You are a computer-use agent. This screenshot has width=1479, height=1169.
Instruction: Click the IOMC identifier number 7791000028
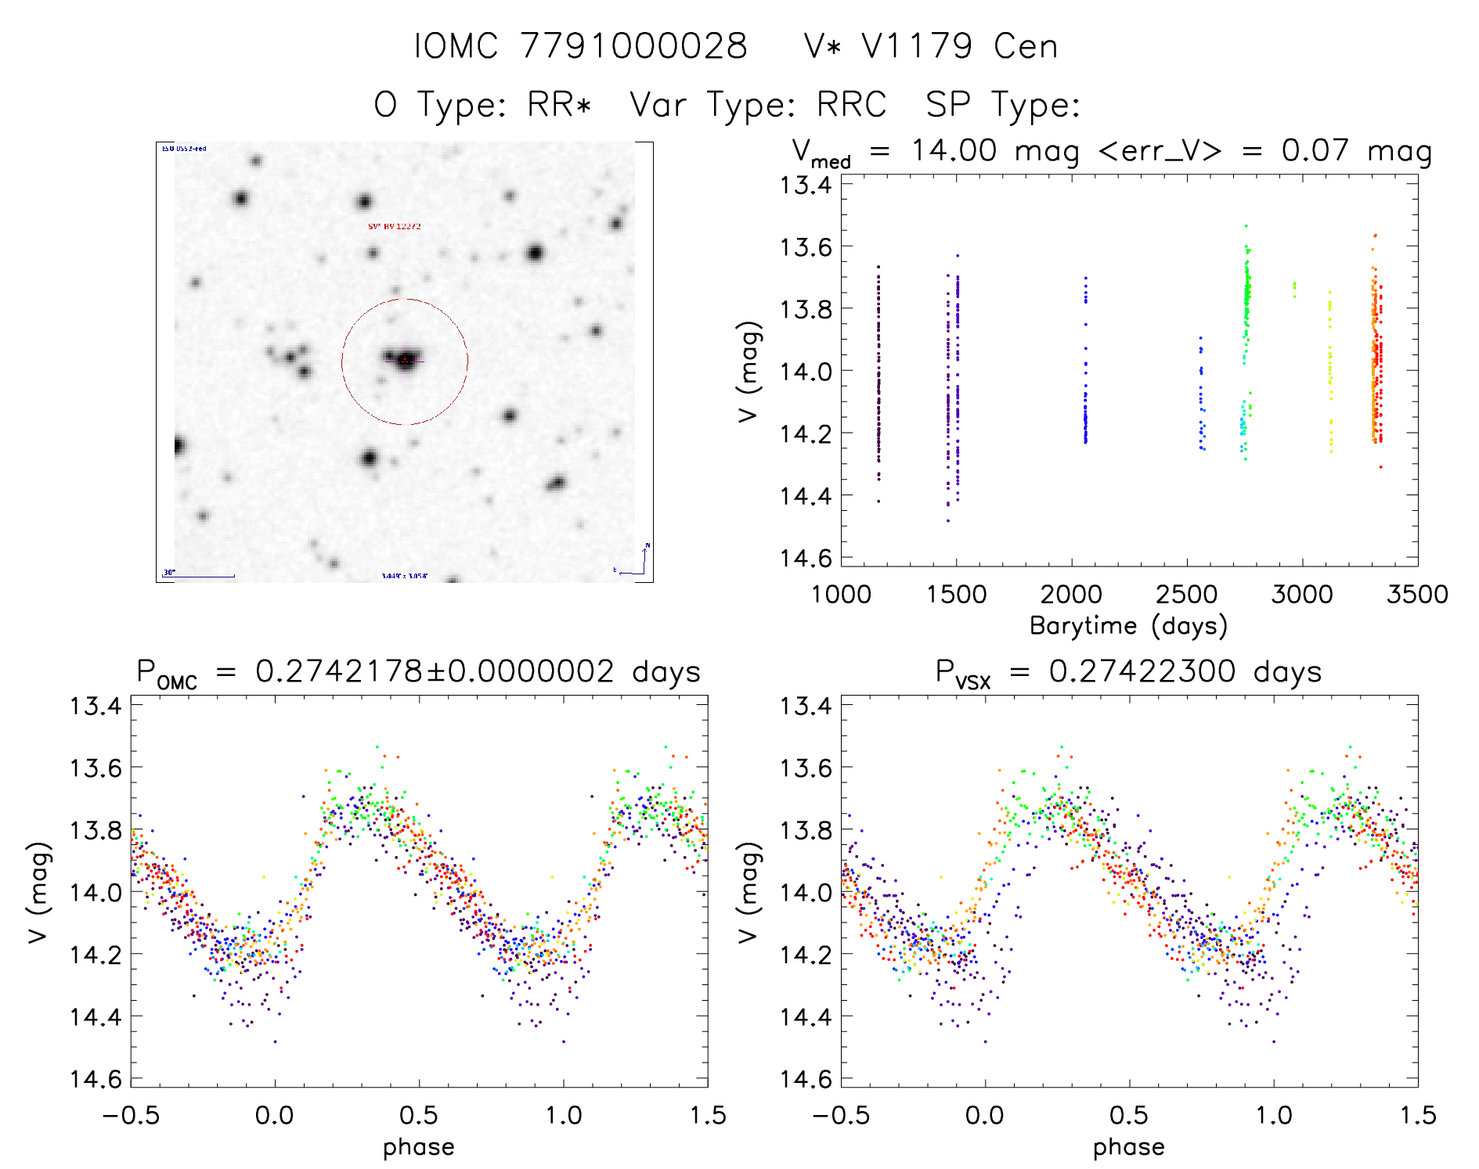633,46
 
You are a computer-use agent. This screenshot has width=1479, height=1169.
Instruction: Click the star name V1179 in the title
917,46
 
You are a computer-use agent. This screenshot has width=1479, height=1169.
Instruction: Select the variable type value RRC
851,105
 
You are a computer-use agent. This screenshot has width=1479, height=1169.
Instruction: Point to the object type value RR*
559,105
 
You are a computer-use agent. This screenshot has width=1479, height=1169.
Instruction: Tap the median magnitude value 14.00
954,150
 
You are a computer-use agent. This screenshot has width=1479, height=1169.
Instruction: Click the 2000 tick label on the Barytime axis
1071,595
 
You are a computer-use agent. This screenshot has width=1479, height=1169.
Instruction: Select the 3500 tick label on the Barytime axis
1417,595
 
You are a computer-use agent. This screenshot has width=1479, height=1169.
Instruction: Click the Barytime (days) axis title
1128,626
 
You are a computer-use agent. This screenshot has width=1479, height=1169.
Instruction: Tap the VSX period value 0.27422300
1142,671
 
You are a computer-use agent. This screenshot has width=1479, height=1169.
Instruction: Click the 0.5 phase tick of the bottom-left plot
419,1115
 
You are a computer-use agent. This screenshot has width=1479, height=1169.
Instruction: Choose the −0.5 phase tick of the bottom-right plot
840,1115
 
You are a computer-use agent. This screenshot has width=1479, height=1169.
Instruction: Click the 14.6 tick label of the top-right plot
805,558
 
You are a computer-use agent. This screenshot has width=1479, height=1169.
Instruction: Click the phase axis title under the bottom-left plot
418,1147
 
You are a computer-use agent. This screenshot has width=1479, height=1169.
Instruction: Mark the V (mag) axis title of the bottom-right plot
749,892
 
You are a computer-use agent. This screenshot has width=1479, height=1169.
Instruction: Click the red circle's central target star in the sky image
406,360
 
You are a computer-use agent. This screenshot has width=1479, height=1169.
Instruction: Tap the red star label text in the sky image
395,227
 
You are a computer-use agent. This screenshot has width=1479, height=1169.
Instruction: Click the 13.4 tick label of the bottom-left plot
96,706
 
